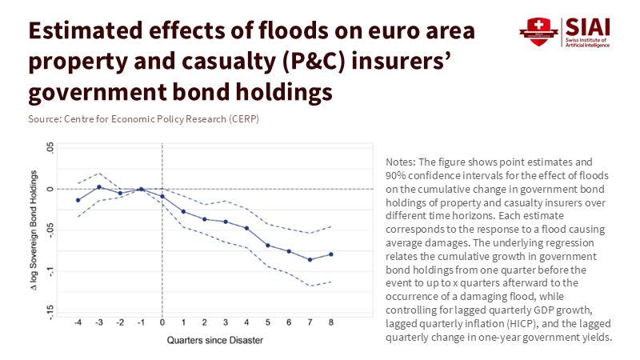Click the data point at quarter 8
pyautogui.click(x=331, y=254)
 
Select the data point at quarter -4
pyautogui.click(x=78, y=200)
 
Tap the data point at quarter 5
pyautogui.click(x=268, y=245)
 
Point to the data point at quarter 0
pyautogui.click(x=162, y=196)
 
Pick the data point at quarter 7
pyautogui.click(x=310, y=260)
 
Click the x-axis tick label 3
pyautogui.click(x=226, y=322)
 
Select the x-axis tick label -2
pyautogui.click(x=119, y=322)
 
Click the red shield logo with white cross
pyautogui.click(x=534, y=30)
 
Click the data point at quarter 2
pyautogui.click(x=205, y=219)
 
